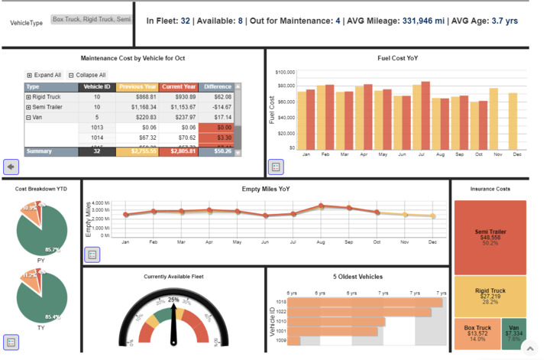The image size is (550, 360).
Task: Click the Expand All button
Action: coord(44,75)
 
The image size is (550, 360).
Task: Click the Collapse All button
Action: coord(86,75)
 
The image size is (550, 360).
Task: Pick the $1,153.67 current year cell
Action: coord(179,107)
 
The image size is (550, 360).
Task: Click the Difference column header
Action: coord(218,86)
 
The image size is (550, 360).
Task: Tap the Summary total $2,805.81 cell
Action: coord(179,151)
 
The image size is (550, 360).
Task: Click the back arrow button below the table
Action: coord(11,166)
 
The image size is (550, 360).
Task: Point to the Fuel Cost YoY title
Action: coord(397,58)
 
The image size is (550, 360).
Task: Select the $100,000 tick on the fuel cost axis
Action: coord(284,72)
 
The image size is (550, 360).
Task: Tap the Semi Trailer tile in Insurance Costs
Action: coord(489,237)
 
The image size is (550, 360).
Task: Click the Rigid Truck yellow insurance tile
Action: coord(489,296)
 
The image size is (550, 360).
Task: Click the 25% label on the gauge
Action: coord(173,300)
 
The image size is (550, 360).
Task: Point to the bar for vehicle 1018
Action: coord(365,303)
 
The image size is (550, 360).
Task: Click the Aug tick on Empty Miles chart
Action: coord(321,241)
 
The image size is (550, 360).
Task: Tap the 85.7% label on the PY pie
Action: coord(52,249)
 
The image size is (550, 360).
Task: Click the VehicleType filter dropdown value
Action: coord(91,18)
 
